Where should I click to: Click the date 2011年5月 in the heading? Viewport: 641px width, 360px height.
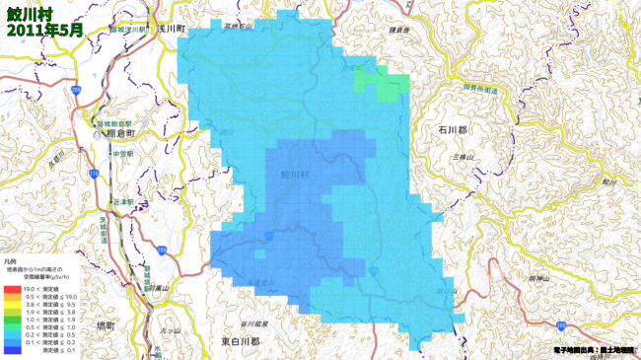pos(44,31)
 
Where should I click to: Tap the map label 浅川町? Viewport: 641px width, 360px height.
pos(172,31)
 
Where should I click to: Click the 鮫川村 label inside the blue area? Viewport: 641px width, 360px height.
pos(295,174)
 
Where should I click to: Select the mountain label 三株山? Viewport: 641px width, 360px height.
pos(463,158)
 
